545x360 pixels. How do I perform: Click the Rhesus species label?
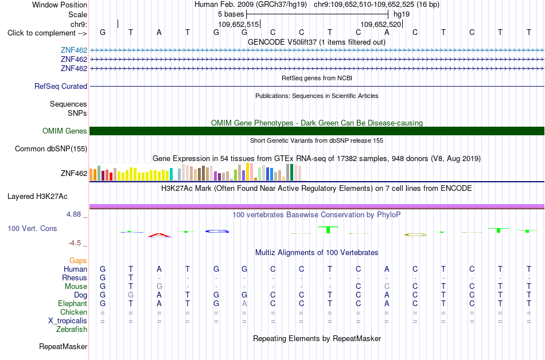click(75, 277)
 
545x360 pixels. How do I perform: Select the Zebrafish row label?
click(72, 329)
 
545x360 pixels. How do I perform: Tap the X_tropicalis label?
click(68, 321)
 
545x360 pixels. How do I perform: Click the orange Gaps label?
click(78, 261)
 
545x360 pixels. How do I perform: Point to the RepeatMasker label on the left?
click(63, 346)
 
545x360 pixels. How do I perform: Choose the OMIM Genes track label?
click(65, 131)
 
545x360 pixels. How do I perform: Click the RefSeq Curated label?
click(61, 86)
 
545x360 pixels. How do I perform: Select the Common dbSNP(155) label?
click(51, 148)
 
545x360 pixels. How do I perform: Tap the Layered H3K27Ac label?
click(37, 197)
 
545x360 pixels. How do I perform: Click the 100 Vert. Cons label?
click(32, 228)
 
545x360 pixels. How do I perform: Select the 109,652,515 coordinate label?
click(239, 24)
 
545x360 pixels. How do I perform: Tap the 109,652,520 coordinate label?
click(380, 24)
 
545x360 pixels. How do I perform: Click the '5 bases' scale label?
click(231, 14)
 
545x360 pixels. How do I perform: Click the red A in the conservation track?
click(159, 235)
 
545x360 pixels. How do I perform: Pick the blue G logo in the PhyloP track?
click(217, 231)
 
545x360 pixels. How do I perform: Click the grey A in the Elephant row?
click(244, 303)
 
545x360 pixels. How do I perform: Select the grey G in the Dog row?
click(131, 295)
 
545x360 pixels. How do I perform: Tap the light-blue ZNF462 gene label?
click(74, 50)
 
